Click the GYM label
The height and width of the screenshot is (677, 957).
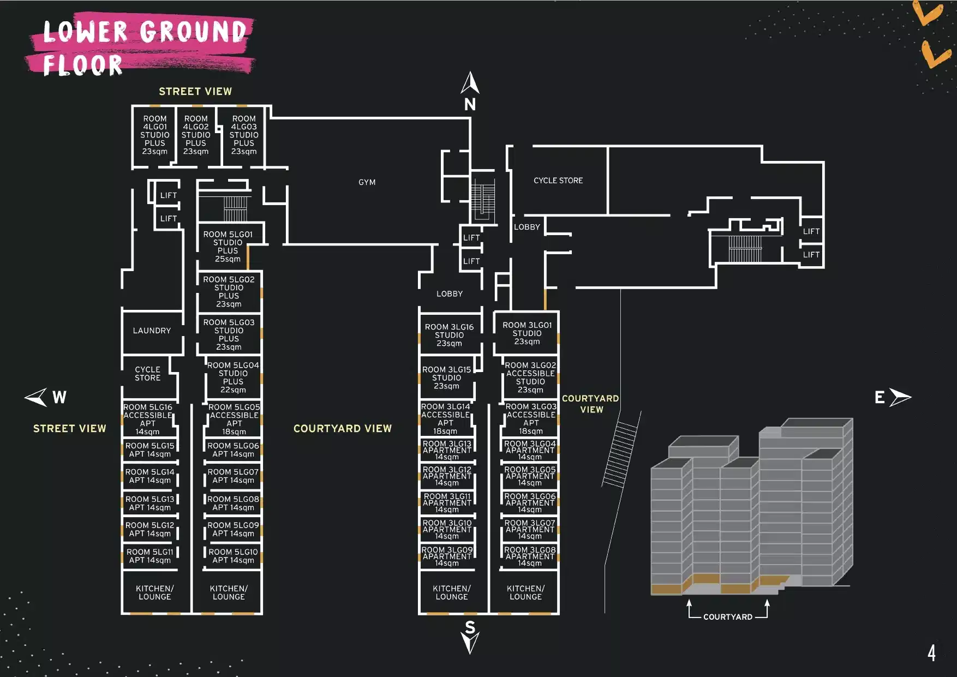point(367,182)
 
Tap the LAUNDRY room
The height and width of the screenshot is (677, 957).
point(152,331)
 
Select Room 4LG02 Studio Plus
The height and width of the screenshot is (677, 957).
point(196,135)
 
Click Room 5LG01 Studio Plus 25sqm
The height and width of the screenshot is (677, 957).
point(228,247)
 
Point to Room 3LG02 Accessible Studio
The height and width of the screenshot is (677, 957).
point(530,377)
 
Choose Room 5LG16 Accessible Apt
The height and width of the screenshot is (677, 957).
point(148,419)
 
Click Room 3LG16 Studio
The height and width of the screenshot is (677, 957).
point(449,335)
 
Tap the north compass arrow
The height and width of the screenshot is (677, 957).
point(470,83)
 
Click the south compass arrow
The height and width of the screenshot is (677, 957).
point(470,643)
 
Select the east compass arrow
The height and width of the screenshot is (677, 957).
point(900,397)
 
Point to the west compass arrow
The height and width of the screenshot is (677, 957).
point(35,397)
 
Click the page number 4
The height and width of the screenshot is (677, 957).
point(931,652)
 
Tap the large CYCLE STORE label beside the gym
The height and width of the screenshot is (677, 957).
point(558,181)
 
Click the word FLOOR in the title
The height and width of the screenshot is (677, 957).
point(82,65)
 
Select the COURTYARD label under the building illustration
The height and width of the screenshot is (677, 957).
point(728,617)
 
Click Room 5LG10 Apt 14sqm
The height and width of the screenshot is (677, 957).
point(233,556)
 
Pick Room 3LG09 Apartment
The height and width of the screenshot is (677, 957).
point(447,556)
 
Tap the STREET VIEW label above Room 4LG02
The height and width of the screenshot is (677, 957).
point(195,91)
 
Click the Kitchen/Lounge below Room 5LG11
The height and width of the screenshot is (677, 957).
point(155,592)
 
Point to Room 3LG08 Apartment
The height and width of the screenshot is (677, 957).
point(530,556)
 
